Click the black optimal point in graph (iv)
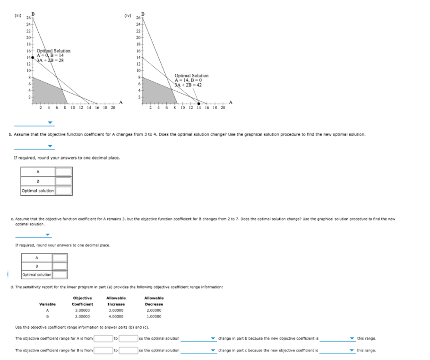tap(198, 103)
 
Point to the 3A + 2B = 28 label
tap(50, 60)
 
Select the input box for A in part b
tap(64, 171)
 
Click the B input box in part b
tap(64, 181)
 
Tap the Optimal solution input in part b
tap(64, 191)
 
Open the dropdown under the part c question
tap(34, 234)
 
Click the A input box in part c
tap(60, 257)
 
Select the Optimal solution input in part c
tap(60, 274)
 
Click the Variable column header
tap(47, 304)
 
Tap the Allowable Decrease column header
tap(154, 301)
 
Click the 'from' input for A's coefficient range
tap(102, 338)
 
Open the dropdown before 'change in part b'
tap(198, 339)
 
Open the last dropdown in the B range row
tap(337, 351)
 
